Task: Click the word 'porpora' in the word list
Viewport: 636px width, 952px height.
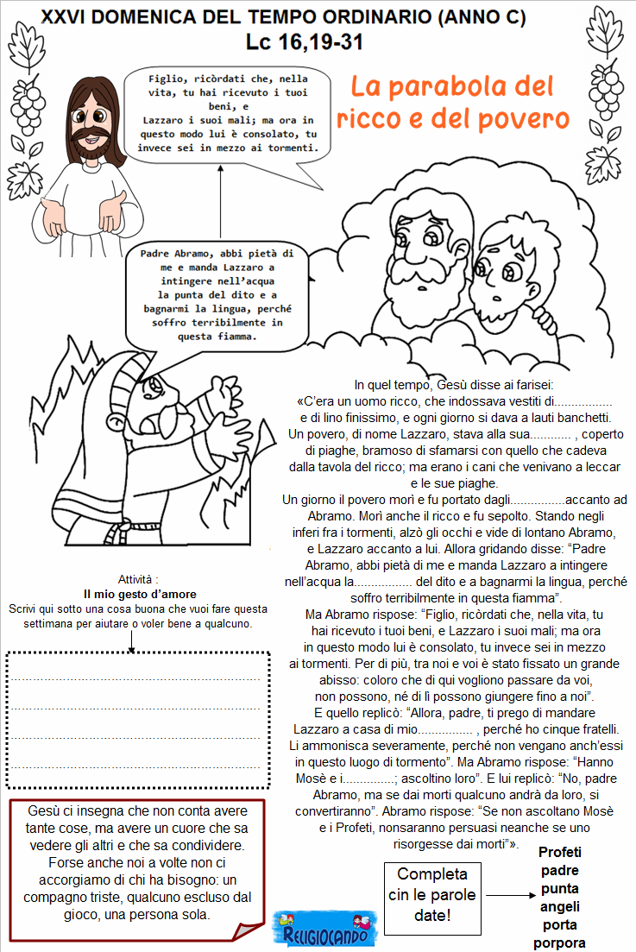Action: (559, 943)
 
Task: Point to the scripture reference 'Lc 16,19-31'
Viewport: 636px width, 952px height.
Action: (304, 42)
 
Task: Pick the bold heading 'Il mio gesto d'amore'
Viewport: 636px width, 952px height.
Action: (140, 595)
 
